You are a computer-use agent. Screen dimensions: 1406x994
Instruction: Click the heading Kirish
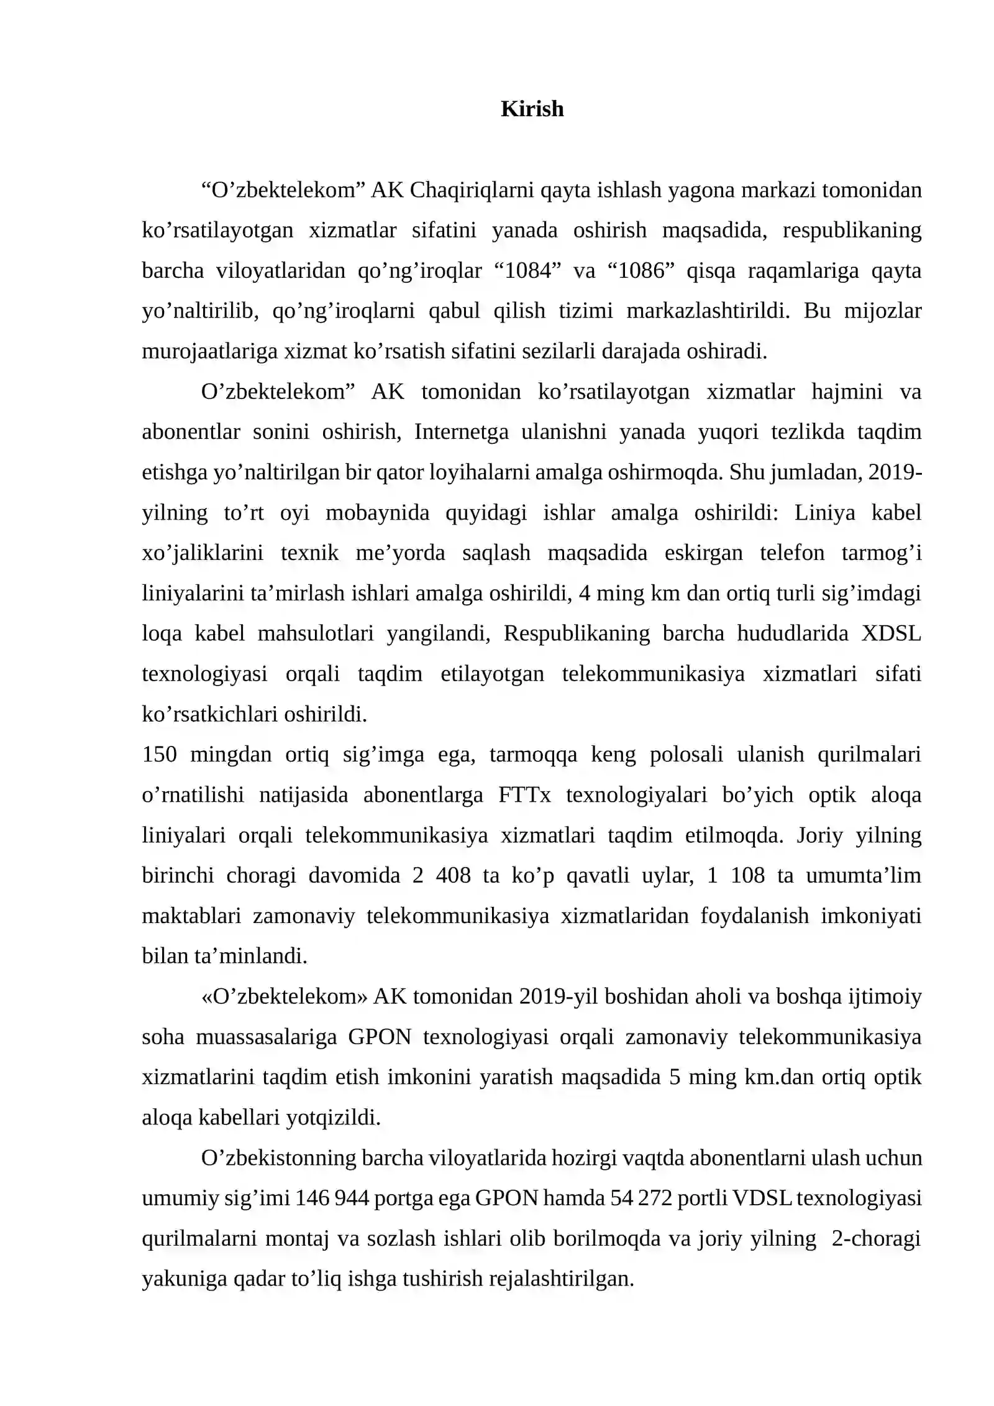[532, 109]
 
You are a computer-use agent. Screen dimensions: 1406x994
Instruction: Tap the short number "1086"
[641, 271]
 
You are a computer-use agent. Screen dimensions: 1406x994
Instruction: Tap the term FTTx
[524, 795]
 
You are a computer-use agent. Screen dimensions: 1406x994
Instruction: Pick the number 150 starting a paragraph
[160, 755]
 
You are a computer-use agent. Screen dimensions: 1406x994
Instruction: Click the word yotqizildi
[333, 1118]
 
